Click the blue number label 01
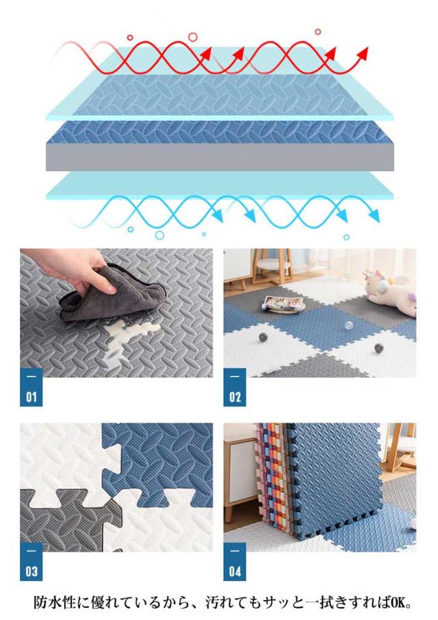[31, 387]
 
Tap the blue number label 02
[235, 387]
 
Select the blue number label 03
[31, 561]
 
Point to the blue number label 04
[235, 561]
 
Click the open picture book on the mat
[283, 305]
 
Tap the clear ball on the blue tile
[348, 325]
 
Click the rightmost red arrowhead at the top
[363, 53]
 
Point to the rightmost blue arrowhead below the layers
[373, 216]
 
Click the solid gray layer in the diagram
[220, 157]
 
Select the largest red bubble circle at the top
[192, 37]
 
